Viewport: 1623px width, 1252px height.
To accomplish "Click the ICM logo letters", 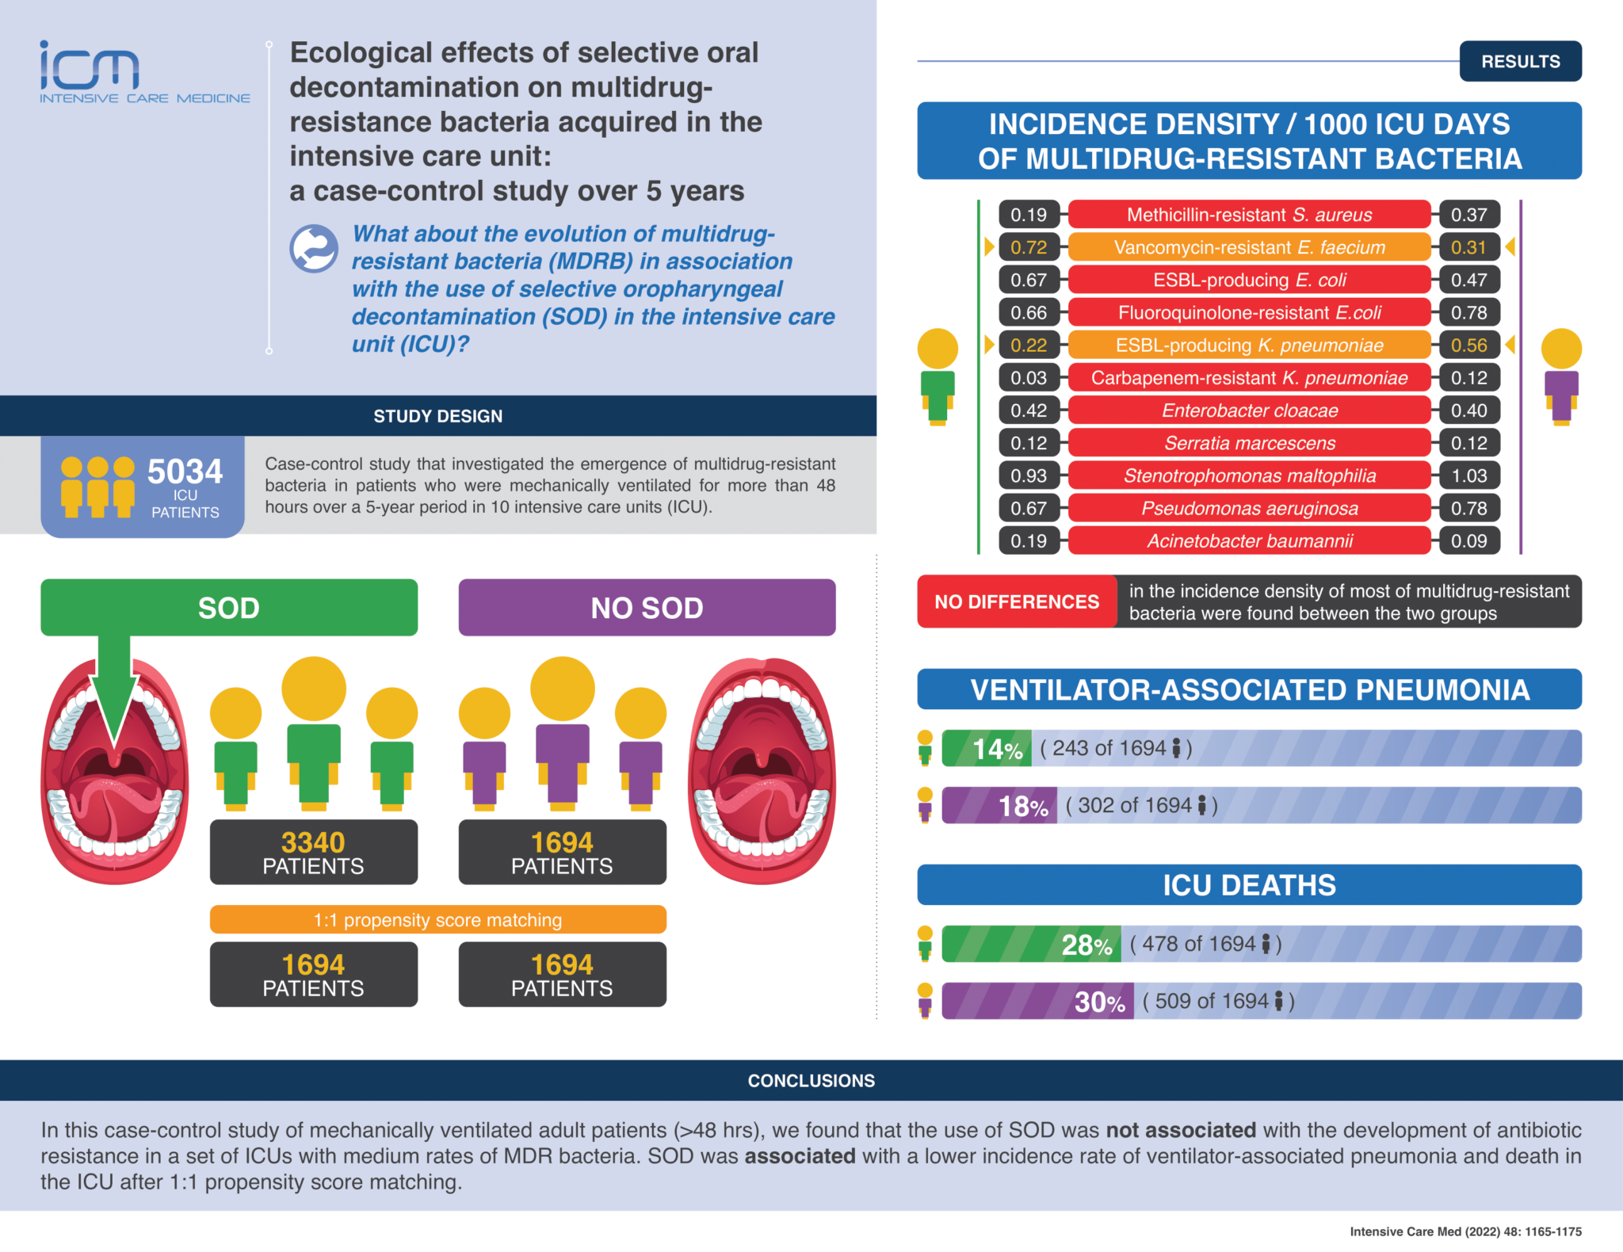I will tap(90, 67).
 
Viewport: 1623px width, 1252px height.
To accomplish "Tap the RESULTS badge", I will tap(1519, 61).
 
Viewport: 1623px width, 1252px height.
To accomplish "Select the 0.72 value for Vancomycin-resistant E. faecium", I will tap(1028, 247).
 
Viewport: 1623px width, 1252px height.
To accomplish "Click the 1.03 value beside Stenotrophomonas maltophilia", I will tap(1468, 475).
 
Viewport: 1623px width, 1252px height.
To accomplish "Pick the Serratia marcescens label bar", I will tap(1249, 443).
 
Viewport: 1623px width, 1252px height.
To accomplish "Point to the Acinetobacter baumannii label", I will tap(1249, 541).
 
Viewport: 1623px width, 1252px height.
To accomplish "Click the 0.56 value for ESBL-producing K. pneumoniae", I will tap(1468, 345).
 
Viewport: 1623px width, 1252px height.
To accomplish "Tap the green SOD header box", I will tap(229, 608).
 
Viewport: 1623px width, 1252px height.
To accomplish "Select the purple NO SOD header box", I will tap(646, 608).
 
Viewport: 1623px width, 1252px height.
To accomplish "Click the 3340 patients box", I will tap(313, 852).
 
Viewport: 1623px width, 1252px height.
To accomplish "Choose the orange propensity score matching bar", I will tap(437, 919).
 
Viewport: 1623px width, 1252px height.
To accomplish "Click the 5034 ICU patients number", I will tap(185, 471).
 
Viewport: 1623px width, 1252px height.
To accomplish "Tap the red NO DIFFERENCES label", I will tap(1016, 602).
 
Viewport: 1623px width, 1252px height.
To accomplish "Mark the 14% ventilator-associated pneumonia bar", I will tap(987, 748).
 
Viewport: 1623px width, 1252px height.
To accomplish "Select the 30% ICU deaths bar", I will tap(1037, 1001).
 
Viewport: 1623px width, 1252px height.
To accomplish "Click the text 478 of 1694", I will tap(1197, 944).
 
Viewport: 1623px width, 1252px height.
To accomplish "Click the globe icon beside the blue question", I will tap(314, 249).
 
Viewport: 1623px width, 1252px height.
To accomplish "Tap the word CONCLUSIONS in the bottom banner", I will tap(811, 1081).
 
